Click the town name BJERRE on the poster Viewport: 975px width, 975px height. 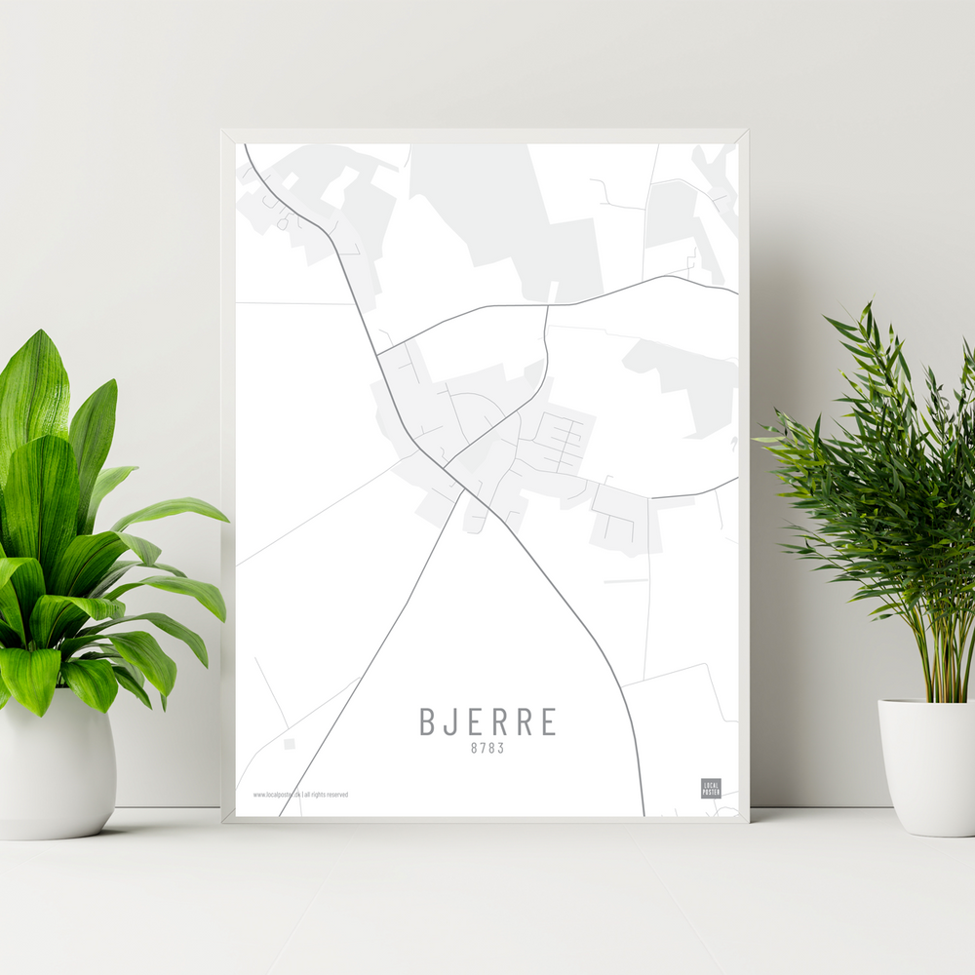[488, 721]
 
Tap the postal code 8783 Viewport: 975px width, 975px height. [487, 749]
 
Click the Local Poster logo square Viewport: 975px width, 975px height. [711, 788]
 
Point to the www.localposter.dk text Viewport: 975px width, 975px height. [276, 795]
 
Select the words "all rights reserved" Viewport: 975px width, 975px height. [326, 795]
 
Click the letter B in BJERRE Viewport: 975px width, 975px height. [427, 721]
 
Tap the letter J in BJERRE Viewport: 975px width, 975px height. [450, 721]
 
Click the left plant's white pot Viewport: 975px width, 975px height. [57, 765]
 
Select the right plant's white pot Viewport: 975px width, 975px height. [927, 765]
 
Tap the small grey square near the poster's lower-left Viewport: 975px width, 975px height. [289, 744]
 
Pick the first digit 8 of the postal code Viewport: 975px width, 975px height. [474, 749]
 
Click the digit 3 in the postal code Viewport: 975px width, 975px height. [501, 749]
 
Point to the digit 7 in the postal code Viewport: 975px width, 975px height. [483, 749]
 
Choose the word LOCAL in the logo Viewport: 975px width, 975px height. [711, 784]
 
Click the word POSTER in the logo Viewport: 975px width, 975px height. [711, 792]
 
